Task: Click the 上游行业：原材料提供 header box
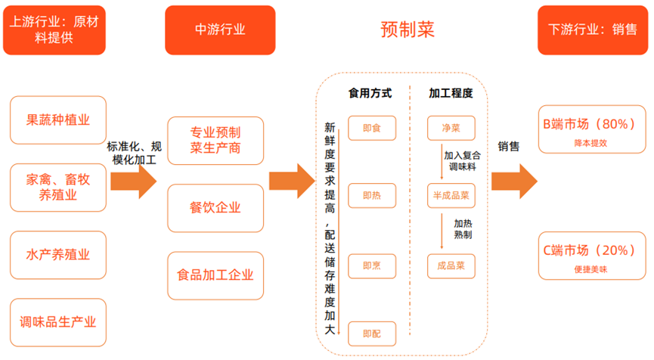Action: (x=53, y=29)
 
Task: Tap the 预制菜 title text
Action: (x=407, y=29)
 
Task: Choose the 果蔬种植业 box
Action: (x=58, y=120)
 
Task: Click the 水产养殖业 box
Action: (x=58, y=255)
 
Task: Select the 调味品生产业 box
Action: (x=58, y=322)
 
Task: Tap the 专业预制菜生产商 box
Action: (x=215, y=140)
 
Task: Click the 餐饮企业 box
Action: (x=215, y=207)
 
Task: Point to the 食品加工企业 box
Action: (x=215, y=275)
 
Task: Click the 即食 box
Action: (x=372, y=128)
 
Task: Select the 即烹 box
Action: (x=372, y=265)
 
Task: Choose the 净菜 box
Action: (x=451, y=128)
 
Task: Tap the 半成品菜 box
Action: (x=451, y=196)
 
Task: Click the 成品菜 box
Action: (x=451, y=265)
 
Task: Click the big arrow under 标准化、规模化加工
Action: (x=133, y=182)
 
